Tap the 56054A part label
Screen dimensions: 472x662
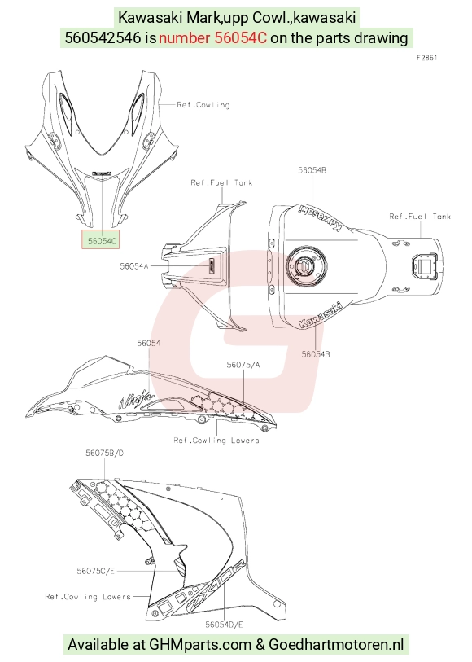134,266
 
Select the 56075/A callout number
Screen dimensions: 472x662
243,365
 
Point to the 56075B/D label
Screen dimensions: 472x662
105,453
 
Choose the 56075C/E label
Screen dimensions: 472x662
96,571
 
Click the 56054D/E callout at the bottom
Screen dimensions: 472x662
224,625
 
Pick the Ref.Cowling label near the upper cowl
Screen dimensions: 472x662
203,105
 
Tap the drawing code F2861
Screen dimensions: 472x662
427,58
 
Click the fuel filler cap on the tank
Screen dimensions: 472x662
303,266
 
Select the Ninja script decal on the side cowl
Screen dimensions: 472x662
135,398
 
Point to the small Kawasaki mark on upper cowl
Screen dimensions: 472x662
102,173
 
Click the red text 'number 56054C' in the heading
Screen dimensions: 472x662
212,38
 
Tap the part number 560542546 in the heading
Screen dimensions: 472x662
103,38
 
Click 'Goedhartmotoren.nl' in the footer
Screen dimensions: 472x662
336,645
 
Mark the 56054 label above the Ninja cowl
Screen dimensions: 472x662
148,344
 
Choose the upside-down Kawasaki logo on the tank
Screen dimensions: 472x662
320,218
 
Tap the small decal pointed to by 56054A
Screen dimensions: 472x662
213,267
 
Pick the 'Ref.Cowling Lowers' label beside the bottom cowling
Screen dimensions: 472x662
88,597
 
